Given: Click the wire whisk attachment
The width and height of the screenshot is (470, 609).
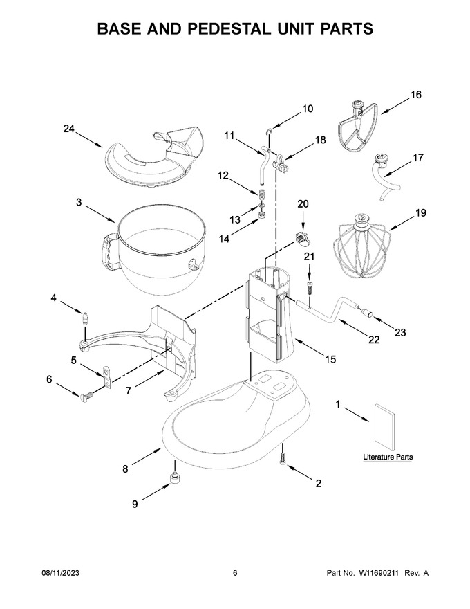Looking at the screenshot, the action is click(359, 246).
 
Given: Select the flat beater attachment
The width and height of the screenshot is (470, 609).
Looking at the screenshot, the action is click(358, 125).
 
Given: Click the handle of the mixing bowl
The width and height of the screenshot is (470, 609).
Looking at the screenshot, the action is click(109, 252).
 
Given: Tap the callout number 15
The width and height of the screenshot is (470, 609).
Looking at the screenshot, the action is click(330, 359).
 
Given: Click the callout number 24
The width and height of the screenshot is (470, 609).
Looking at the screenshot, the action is click(69, 129).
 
